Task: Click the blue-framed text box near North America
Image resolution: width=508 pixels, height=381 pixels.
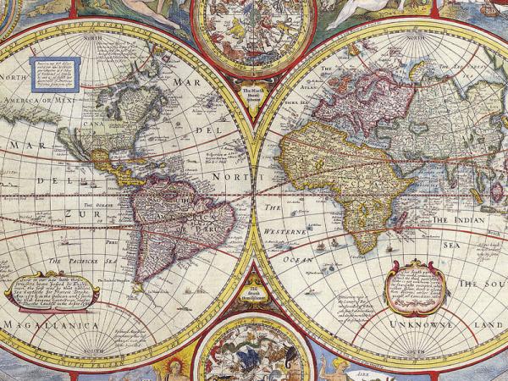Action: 55,74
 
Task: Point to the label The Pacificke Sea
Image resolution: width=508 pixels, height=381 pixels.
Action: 82,261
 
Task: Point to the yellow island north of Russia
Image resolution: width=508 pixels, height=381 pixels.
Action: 417,72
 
